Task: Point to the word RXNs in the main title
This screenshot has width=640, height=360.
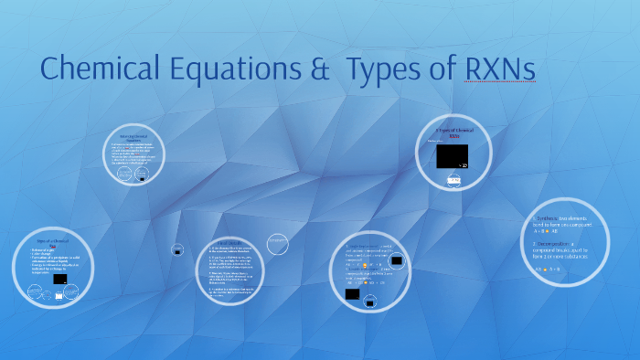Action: [499, 69]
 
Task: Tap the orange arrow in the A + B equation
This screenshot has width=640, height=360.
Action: [547, 231]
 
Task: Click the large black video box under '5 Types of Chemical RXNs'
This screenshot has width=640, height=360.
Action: [452, 156]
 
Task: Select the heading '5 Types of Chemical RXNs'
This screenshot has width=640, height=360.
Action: [453, 133]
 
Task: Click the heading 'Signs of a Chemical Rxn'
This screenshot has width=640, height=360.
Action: [52, 243]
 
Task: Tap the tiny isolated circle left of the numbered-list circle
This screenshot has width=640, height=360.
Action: [176, 249]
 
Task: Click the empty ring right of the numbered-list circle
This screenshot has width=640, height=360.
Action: [278, 244]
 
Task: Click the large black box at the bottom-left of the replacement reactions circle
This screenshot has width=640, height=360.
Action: [352, 294]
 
